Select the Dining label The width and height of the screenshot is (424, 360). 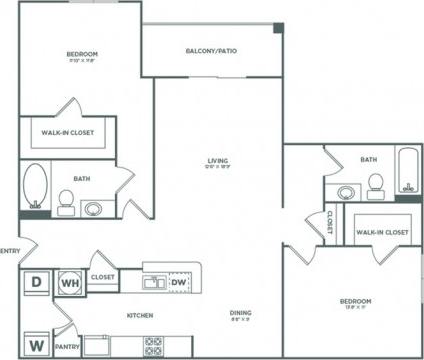tap(239, 313)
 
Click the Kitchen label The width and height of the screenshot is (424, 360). tap(138, 314)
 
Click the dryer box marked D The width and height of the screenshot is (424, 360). tap(36, 282)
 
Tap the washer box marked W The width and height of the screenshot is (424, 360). tap(36, 345)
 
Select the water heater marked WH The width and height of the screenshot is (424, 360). tap(71, 282)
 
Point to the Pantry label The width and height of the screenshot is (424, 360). tap(67, 346)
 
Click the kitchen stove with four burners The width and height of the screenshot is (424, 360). tap(153, 346)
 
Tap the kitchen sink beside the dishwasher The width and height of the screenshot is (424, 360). tap(152, 283)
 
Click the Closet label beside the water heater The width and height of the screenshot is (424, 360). tap(102, 277)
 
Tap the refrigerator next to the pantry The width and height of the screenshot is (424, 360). tap(101, 346)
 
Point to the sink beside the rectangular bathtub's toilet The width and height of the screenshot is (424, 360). tap(346, 191)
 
